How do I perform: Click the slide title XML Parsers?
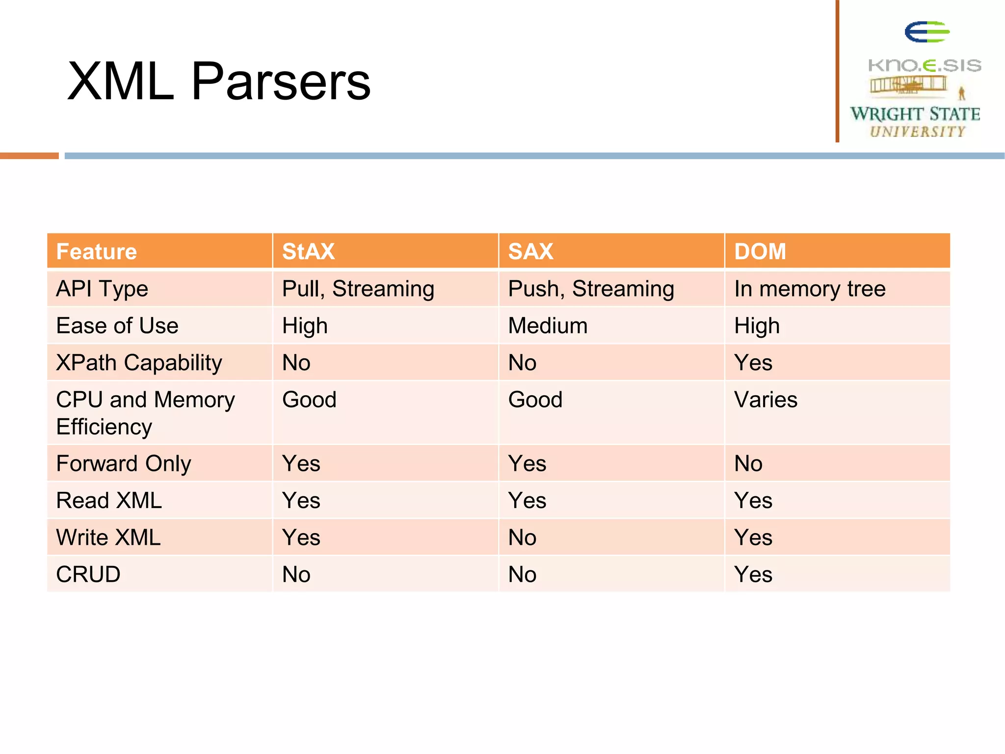[218, 81]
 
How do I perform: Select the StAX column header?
[308, 251]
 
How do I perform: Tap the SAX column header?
[530, 251]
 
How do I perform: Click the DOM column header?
[760, 251]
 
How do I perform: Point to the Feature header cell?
[97, 251]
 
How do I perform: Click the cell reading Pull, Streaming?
[358, 289]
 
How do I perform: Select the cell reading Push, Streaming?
[591, 289]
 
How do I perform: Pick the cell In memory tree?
[810, 289]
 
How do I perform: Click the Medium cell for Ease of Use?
[548, 326]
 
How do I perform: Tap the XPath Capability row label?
[139, 363]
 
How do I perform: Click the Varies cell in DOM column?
[766, 400]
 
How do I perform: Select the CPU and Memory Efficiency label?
[145, 413]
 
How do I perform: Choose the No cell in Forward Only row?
[748, 463]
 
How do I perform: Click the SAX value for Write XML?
[522, 538]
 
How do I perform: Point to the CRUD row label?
[88, 574]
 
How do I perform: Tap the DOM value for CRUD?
[753, 574]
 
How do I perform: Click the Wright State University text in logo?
[915, 121]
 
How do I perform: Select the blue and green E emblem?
[926, 32]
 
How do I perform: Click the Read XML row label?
[109, 501]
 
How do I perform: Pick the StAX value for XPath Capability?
[296, 363]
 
